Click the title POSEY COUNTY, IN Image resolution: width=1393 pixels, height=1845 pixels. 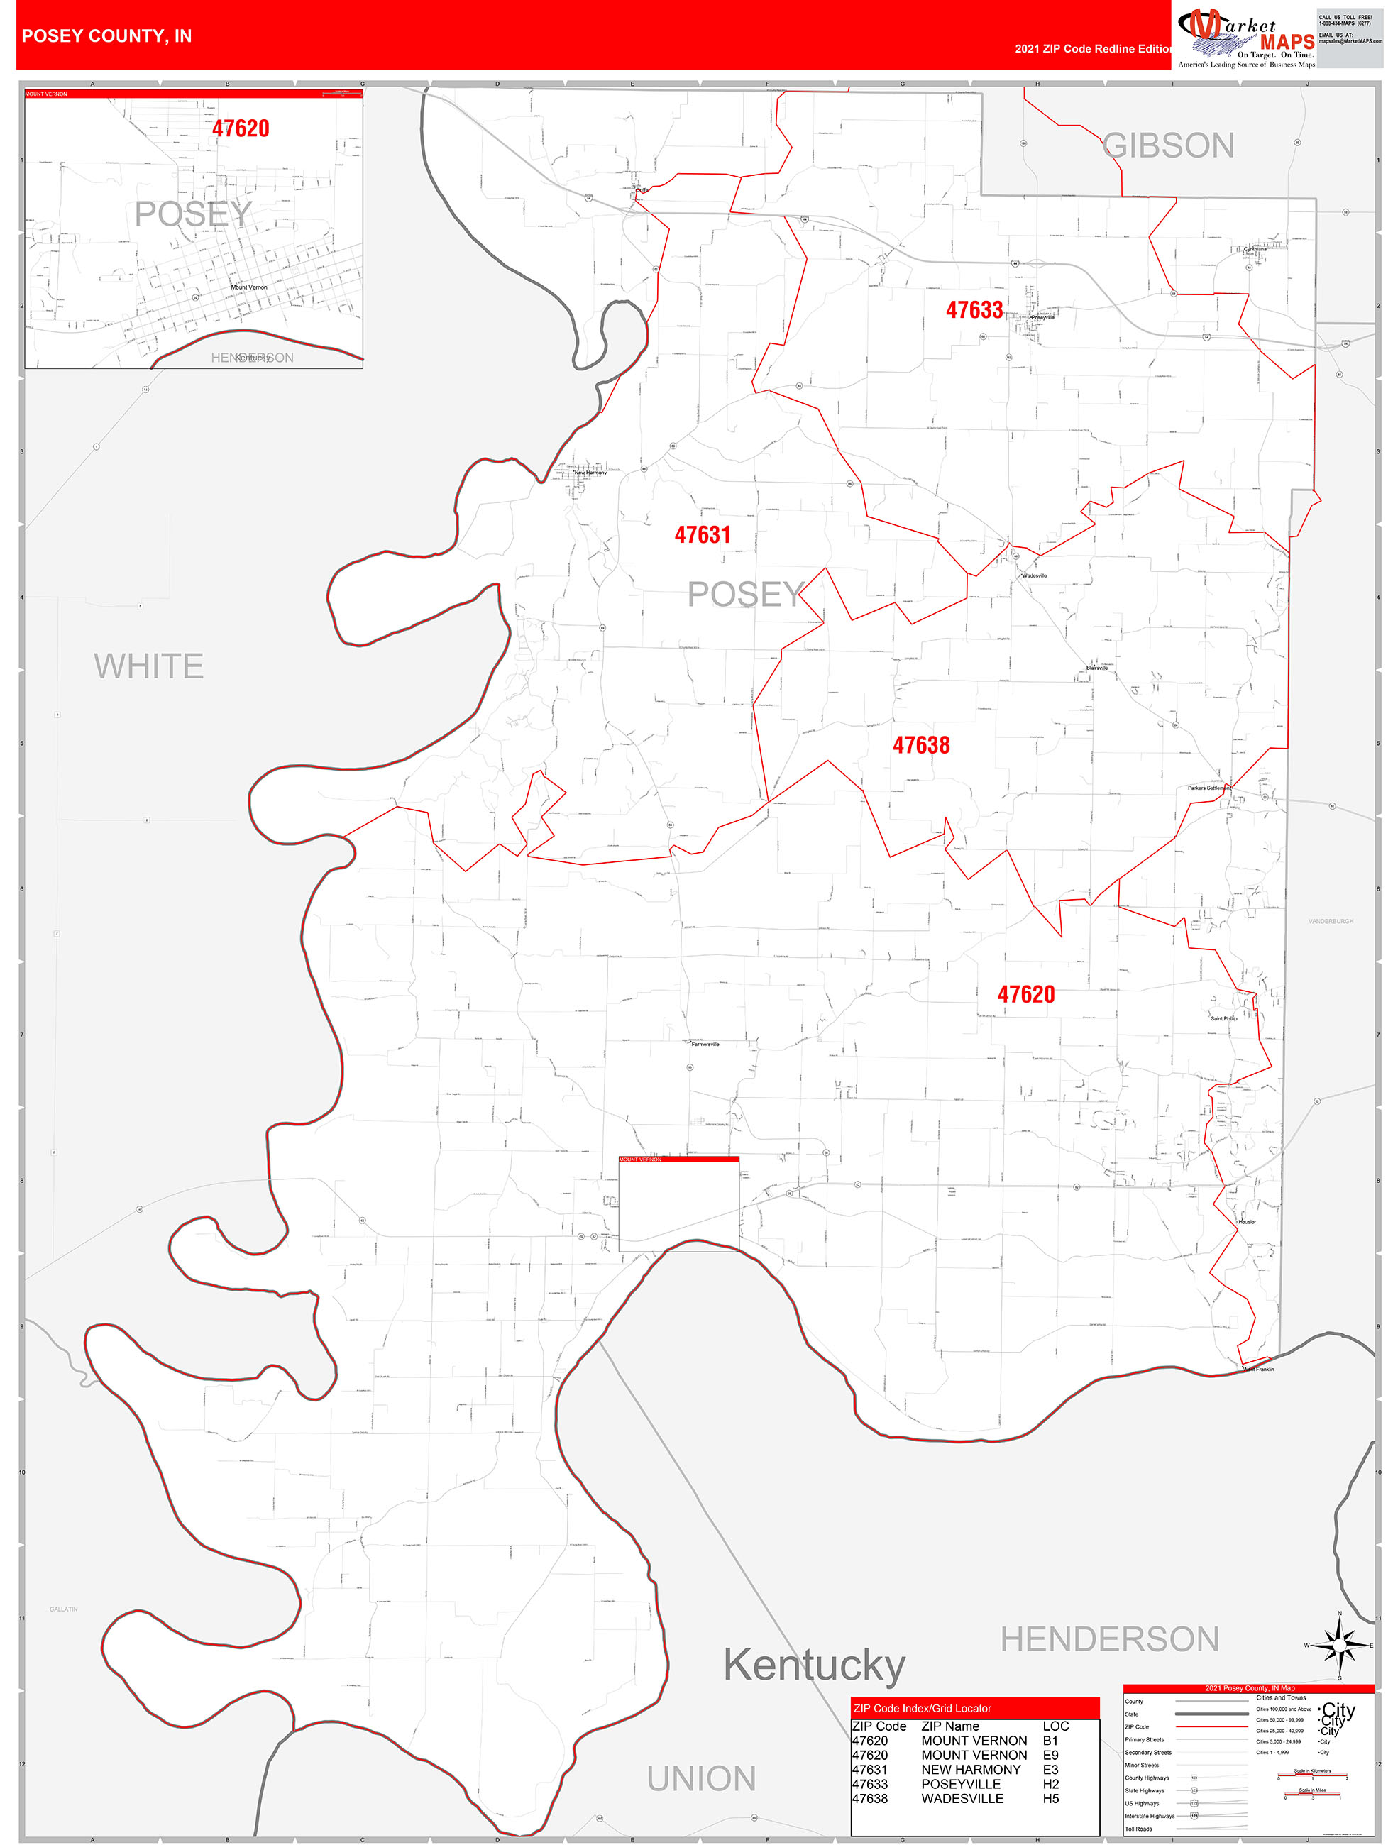tap(106, 36)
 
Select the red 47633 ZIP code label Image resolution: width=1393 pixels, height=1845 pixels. tap(974, 310)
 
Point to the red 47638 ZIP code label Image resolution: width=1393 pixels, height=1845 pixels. tap(921, 745)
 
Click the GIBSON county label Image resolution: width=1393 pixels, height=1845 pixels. tap(1168, 146)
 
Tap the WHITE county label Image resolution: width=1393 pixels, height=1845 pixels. tap(148, 666)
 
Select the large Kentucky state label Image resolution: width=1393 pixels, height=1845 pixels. tap(813, 1665)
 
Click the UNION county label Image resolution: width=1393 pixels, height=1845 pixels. tap(702, 1778)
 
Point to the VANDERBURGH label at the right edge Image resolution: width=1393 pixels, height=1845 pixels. tap(1331, 921)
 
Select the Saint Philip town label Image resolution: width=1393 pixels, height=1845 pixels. tap(1223, 1018)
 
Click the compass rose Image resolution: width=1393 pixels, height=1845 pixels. tap(1340, 1646)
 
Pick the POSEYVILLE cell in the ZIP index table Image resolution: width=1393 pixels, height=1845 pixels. tap(960, 1783)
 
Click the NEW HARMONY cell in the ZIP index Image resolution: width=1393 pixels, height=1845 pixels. tap(970, 1769)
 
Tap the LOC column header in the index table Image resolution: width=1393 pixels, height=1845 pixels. tap(1055, 1726)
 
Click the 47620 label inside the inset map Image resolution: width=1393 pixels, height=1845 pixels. tap(241, 128)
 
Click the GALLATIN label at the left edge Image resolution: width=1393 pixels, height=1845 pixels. tap(63, 1609)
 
